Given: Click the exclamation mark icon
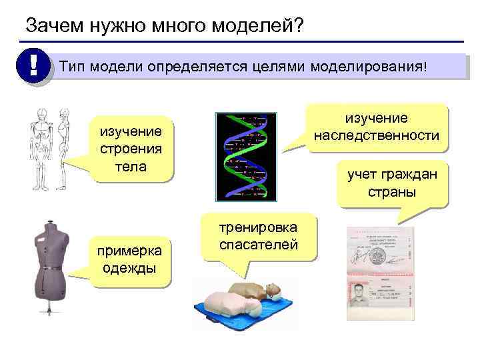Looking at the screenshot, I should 32,67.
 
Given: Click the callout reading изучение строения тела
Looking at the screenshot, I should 131,149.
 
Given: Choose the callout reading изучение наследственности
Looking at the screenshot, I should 377,127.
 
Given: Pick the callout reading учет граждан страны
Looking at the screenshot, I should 391,183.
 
